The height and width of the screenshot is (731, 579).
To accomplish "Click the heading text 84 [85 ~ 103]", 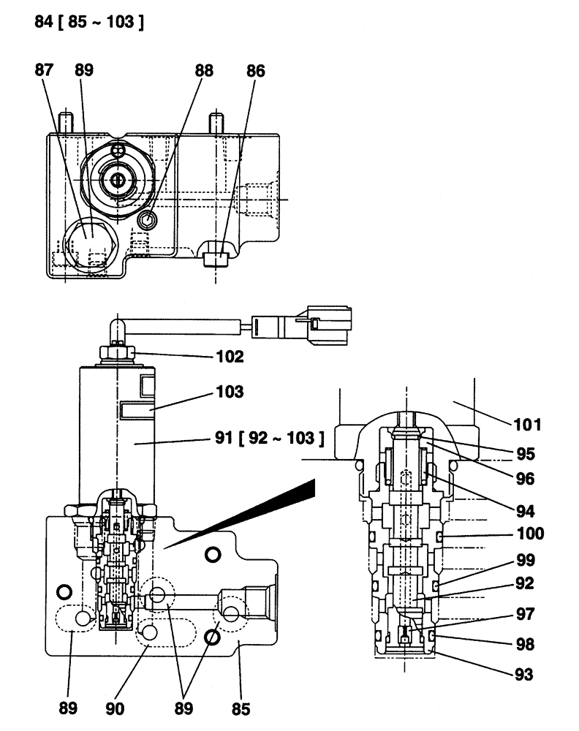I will [88, 22].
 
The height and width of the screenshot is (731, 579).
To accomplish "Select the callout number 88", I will [204, 71].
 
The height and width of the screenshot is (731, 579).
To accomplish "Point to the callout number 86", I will [255, 71].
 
